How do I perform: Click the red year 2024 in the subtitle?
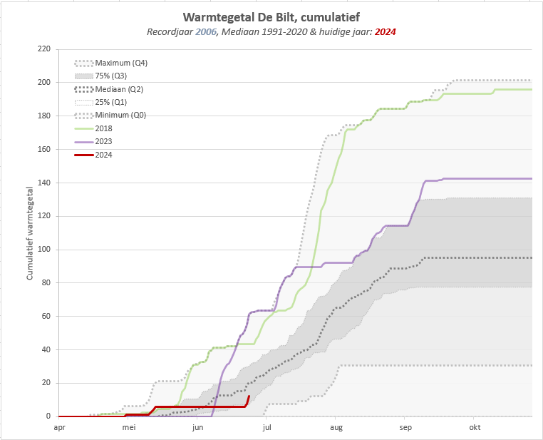[385, 32]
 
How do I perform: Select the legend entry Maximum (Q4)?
[121, 63]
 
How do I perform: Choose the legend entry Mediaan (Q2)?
[119, 89]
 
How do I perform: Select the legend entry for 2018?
[104, 128]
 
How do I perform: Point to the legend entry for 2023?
[104, 141]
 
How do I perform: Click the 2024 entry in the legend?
[104, 154]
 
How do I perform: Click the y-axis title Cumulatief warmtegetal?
[30, 232]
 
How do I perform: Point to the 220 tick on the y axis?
[43, 49]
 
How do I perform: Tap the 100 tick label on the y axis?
[43, 250]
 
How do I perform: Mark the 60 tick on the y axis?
[46, 316]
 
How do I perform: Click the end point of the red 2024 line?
[249, 396]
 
